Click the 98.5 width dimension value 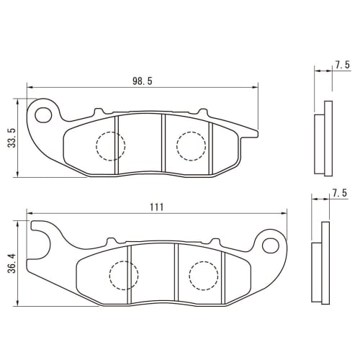coord(143,81)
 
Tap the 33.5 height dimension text coord(11,138)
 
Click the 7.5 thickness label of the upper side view coord(342,66)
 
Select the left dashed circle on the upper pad coord(110,146)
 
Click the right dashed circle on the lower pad coord(202,274)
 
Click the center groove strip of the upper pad coord(140,144)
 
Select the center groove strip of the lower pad coord(152,274)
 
